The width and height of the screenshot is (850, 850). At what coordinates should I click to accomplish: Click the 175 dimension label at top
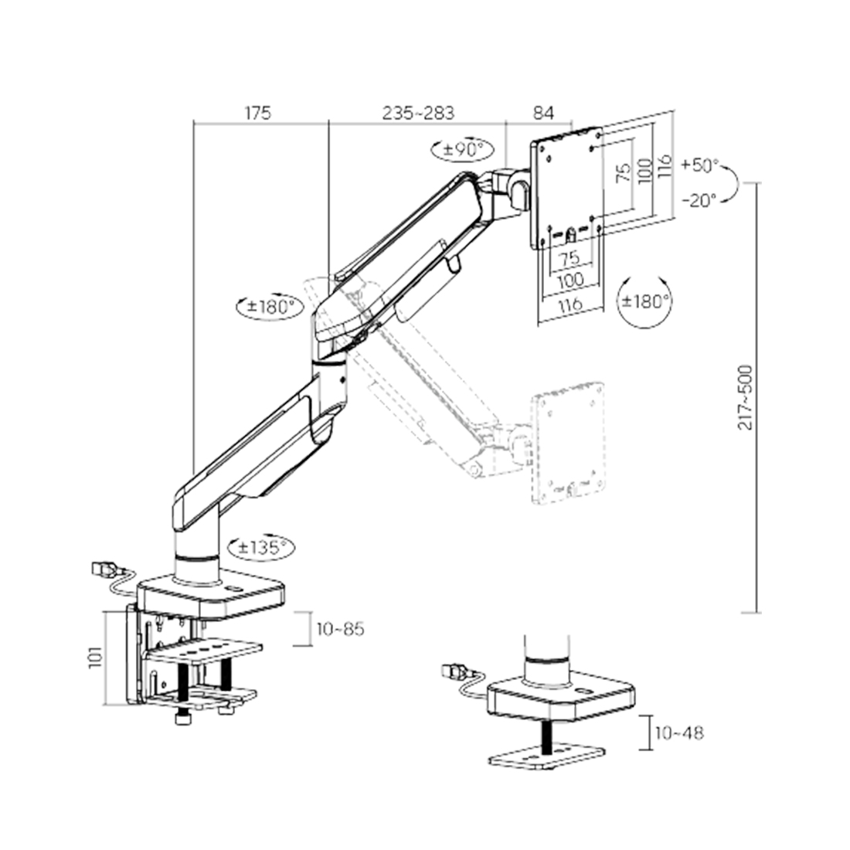[x=257, y=113]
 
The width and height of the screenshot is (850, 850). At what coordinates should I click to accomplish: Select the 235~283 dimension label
[x=418, y=113]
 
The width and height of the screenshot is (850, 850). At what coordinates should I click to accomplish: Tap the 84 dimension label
[x=543, y=113]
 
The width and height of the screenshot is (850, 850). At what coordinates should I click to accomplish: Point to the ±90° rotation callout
[x=462, y=149]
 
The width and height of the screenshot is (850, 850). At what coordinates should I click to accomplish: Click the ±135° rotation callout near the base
[x=262, y=547]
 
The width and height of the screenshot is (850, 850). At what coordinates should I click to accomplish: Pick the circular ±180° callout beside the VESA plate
[x=645, y=301]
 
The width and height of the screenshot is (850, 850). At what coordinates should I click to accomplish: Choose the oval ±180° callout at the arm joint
[x=270, y=308]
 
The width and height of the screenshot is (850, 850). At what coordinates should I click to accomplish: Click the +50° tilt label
[x=700, y=165]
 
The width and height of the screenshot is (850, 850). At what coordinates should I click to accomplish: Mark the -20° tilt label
[x=700, y=201]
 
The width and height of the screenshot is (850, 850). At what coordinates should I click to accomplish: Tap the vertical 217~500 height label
[x=746, y=397]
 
